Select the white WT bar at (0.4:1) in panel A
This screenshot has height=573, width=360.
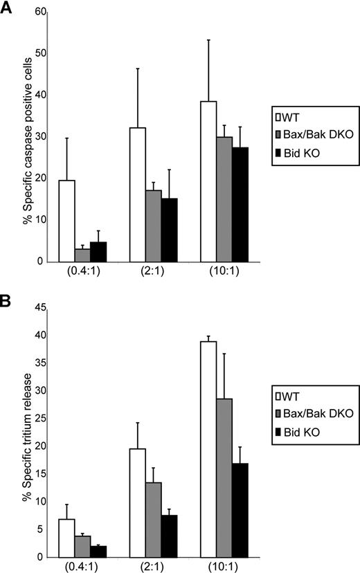pyautogui.click(x=67, y=221)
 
